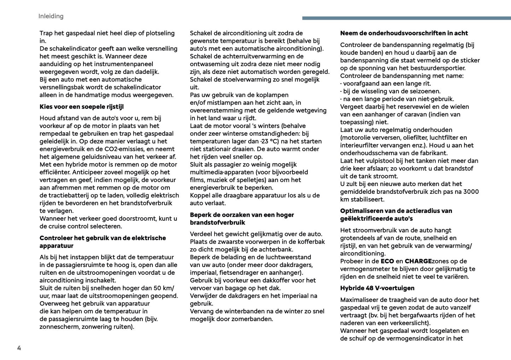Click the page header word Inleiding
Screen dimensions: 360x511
pyautogui.click(x=51, y=16)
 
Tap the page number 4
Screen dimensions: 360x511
pyautogui.click(x=19, y=348)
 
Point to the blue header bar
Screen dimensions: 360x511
pyautogui.click(x=406, y=18)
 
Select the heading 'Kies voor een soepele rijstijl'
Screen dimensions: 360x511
pyautogui.click(x=81, y=107)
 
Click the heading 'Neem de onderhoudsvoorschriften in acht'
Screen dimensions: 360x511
pyautogui.click(x=404, y=33)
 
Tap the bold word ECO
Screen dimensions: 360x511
pyautogui.click(x=387, y=261)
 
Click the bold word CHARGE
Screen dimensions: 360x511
pyautogui.click(x=418, y=261)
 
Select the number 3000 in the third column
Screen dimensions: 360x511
pyautogui.click(x=471, y=192)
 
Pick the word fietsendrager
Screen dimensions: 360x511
pyautogui.click(x=239, y=273)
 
